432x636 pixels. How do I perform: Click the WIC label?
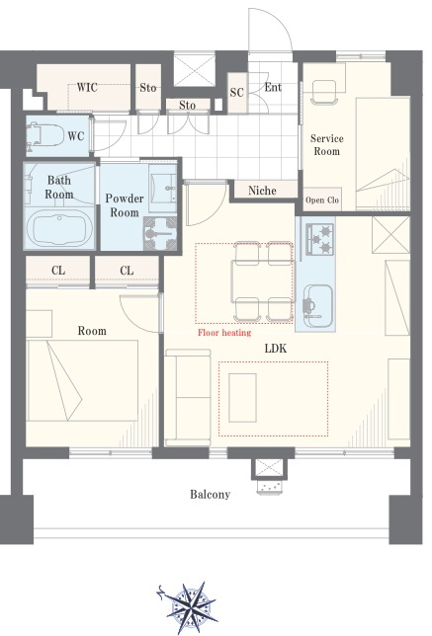pos(87,87)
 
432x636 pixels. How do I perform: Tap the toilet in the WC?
pos(45,135)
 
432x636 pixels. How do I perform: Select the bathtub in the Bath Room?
pos(59,227)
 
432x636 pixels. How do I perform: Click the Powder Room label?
pos(125,205)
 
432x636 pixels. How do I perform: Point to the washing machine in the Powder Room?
pos(160,233)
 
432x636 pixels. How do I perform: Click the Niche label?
pos(262,191)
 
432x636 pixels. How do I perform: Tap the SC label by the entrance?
pos(236,93)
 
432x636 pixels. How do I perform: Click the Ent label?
pos(273,87)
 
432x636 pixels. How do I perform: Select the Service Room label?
pos(327,145)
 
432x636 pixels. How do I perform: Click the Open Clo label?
pos(322,199)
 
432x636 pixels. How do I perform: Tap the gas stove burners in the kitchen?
pos(320,239)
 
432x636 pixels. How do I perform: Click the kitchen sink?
pos(318,306)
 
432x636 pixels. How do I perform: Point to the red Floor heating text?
pos(224,333)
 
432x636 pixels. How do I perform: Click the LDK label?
pos(276,348)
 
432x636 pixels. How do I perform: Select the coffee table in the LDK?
pos(242,398)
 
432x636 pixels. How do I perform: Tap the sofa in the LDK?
pos(188,397)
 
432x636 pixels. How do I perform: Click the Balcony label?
pos(210,494)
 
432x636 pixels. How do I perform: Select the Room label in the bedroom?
pos(92,331)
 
